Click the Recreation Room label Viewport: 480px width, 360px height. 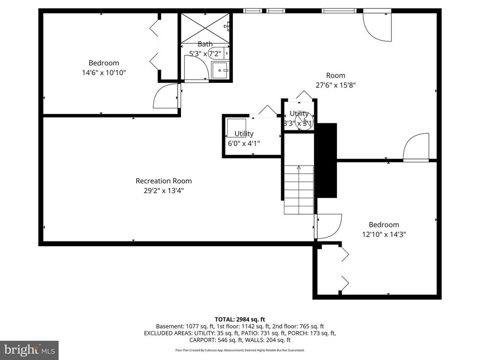pyautogui.click(x=164, y=181)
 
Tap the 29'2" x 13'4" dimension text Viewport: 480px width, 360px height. pyautogui.click(x=164, y=191)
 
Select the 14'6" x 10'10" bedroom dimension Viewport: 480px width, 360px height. pyautogui.click(x=104, y=73)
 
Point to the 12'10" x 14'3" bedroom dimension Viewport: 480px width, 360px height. pyautogui.click(x=383, y=234)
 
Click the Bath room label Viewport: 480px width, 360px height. pyautogui.click(x=205, y=44)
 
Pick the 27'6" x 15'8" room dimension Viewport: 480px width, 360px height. pyautogui.click(x=336, y=85)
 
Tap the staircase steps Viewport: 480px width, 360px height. pyautogui.click(x=299, y=189)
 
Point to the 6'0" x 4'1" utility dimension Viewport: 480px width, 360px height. pyautogui.click(x=244, y=143)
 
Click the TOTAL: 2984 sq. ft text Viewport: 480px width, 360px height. pyautogui.click(x=240, y=319)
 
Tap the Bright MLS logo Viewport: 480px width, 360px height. pyautogui.click(x=29, y=350)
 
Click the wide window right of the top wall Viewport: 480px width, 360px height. pyautogui.click(x=338, y=11)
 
